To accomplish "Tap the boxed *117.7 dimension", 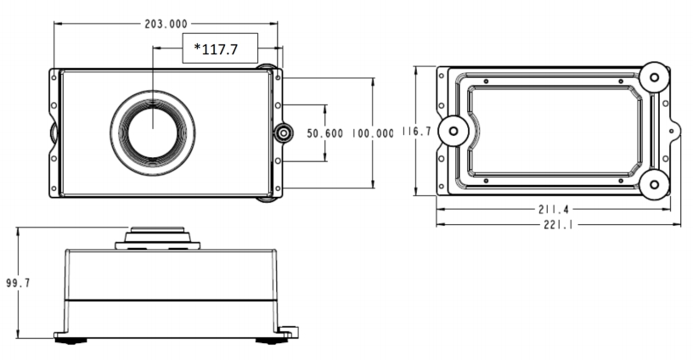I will (216, 49).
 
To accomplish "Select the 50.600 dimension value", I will (324, 133).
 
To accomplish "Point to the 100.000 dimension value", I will (372, 133).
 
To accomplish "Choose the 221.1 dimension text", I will (559, 223).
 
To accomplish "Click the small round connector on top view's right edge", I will (282, 133).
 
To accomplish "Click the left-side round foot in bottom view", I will (455, 131).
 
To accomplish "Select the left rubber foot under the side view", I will (71, 340).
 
